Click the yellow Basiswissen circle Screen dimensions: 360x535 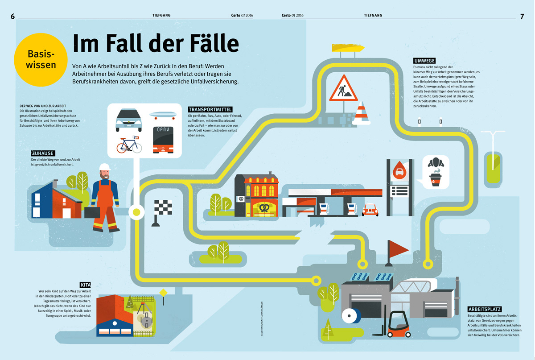(41, 59)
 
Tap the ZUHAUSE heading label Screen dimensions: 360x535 (43, 153)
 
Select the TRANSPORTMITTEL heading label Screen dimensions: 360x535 (210, 109)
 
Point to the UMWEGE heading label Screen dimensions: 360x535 (424, 60)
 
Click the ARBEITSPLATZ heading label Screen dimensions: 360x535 (485, 309)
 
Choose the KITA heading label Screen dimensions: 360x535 (86, 285)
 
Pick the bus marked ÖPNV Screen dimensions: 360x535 (163, 139)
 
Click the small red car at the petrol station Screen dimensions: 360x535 (370, 210)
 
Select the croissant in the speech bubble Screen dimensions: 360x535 (435, 162)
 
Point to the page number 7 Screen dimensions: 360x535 (522, 16)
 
